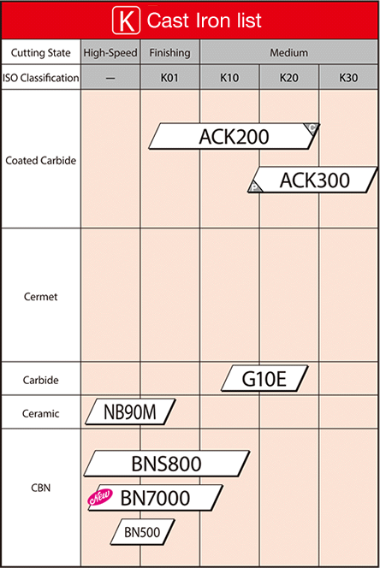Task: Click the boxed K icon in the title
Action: point(126,21)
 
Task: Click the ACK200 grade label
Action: point(235,136)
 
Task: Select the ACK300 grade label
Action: point(313,180)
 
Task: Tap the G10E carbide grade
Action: point(264,379)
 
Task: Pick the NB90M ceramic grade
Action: point(130,411)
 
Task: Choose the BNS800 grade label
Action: point(167,464)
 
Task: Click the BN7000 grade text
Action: point(155,498)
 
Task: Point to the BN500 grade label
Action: point(142,532)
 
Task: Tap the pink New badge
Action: point(100,497)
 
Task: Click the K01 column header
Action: point(169,78)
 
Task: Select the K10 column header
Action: point(229,78)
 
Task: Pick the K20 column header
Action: point(289,78)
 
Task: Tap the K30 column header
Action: point(349,78)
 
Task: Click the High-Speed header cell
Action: point(110,52)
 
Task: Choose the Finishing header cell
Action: point(169,52)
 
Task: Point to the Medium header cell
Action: point(289,52)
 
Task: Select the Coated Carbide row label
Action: point(41,161)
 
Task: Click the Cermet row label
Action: point(40,297)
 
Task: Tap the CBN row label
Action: point(40,488)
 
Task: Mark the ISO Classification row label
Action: point(40,78)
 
